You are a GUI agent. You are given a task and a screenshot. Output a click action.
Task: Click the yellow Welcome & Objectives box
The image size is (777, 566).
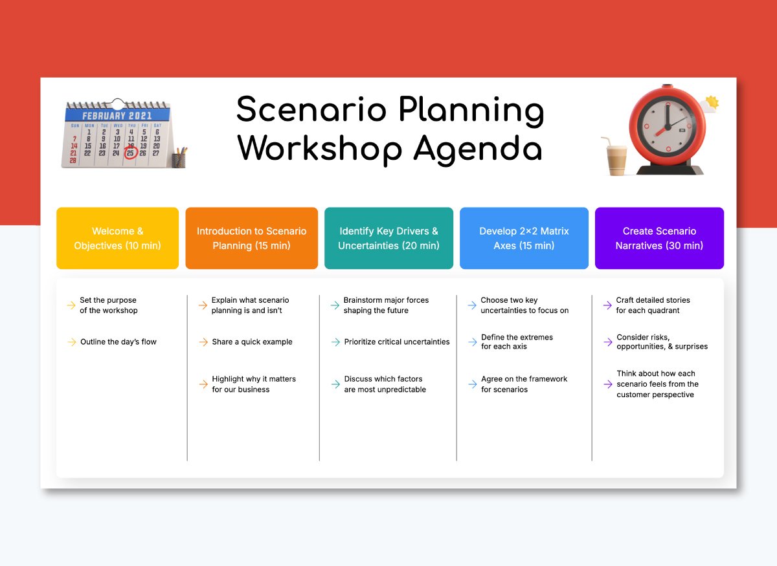click(x=118, y=238)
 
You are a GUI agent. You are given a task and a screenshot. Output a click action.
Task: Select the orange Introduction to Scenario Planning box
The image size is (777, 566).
click(x=251, y=238)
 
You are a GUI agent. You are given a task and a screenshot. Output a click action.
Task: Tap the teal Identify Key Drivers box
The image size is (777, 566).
click(x=389, y=238)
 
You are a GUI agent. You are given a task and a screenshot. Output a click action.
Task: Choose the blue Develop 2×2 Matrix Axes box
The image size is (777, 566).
click(x=524, y=238)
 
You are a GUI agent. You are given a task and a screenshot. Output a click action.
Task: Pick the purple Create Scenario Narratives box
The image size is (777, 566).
click(x=659, y=238)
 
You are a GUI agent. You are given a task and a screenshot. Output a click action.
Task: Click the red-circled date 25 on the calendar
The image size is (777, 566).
click(x=131, y=153)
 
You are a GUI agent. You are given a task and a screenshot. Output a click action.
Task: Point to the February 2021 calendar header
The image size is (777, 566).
click(x=117, y=115)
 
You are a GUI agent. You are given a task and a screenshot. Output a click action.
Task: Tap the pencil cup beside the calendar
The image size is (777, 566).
click(x=179, y=158)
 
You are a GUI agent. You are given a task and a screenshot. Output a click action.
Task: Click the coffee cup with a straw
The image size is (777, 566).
click(x=615, y=158)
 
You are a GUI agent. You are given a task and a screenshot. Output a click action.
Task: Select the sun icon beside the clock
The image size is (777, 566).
click(x=712, y=102)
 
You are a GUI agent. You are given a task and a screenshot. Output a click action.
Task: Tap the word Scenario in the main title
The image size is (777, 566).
click(x=311, y=109)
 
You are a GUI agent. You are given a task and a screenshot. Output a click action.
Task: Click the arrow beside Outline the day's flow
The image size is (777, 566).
click(x=72, y=342)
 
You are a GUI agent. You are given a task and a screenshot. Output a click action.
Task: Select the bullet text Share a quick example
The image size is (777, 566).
click(x=252, y=342)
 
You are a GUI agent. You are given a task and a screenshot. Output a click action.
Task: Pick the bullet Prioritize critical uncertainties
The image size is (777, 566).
click(x=397, y=342)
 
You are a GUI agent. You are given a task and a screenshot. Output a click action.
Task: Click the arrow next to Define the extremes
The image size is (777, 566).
click(x=473, y=342)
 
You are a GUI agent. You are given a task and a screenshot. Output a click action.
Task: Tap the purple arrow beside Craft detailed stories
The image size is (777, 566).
click(x=607, y=305)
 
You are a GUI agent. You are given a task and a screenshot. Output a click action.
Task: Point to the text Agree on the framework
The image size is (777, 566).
click(x=524, y=379)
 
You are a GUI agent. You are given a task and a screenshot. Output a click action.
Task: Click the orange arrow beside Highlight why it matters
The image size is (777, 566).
click(x=203, y=384)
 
